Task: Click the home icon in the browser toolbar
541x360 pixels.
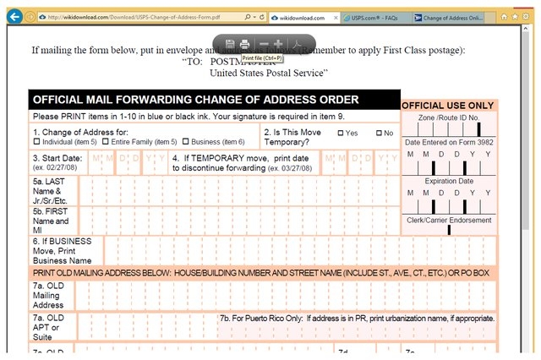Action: coord(505,17)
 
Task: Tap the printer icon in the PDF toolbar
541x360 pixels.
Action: coord(244,43)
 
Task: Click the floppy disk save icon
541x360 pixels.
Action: coord(230,43)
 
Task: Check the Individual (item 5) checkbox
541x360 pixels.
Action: coord(36,142)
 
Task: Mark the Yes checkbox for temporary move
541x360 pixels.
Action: coord(341,133)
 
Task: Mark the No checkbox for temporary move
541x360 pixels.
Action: coord(379,133)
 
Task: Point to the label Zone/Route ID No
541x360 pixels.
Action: coord(448,118)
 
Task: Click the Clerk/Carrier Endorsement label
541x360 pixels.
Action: coord(449,220)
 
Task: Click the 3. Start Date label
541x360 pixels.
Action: coord(57,158)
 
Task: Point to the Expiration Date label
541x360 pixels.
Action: coord(449,181)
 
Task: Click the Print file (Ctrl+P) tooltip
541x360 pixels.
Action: coord(262,57)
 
